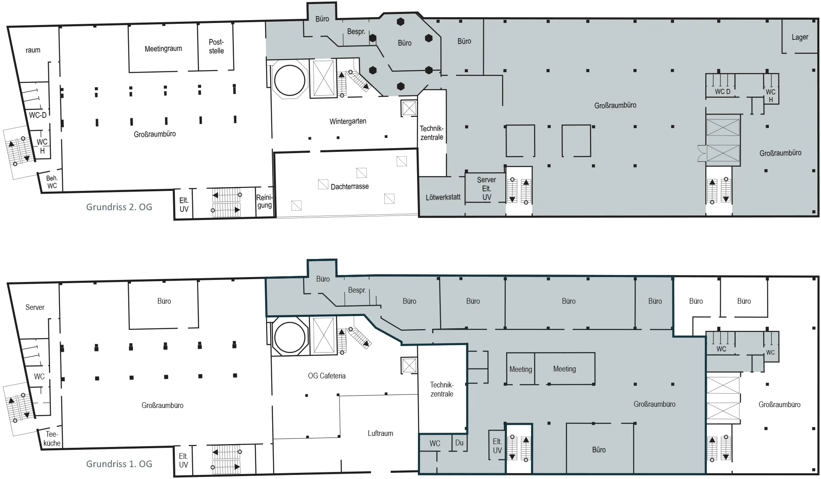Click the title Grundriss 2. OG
pos(119,207)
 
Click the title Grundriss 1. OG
pos(119,464)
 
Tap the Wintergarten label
pos(348,121)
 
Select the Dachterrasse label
pos(350,186)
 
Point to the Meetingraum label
pos(163,49)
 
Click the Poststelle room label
pos(216,46)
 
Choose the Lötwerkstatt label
pos(443,197)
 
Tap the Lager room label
pos(800,37)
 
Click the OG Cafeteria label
pos(327,376)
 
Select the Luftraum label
pos(381,433)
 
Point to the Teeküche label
pos(52,439)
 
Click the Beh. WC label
pos(52,182)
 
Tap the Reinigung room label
pos(264,201)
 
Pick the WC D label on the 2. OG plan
pos(722,92)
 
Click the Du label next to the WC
pos(459,442)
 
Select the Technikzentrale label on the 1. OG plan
pos(442,390)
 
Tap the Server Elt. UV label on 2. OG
pos(486,188)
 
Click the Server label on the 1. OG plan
pos(35,307)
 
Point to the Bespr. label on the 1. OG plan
pos(357,290)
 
